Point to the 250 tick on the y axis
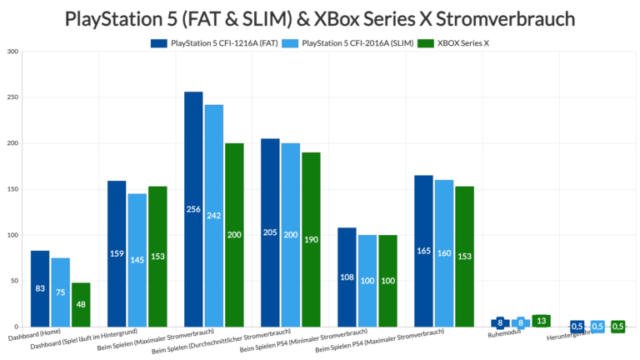(x=12, y=97)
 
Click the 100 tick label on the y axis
(x=12, y=235)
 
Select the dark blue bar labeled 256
(x=193, y=209)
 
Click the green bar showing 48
(x=80, y=305)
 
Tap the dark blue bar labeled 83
(x=40, y=288)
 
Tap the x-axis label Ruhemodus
(x=504, y=336)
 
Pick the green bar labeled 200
(x=233, y=235)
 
